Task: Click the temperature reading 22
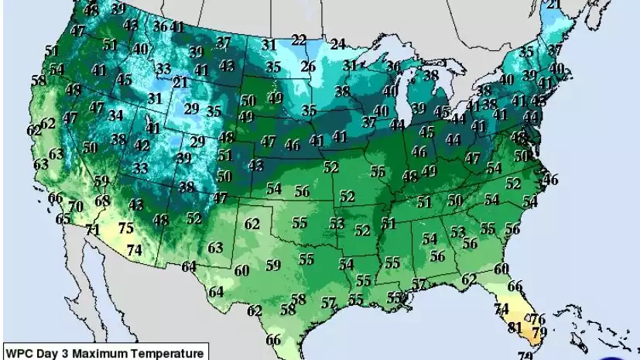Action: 299,40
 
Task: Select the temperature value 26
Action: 308,67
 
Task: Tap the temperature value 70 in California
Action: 75,207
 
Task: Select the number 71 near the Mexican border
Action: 93,230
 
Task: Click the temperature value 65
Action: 63,219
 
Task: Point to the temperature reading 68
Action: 101,201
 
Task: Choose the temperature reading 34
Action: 116,115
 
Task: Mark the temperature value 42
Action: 142,145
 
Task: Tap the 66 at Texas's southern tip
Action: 273,340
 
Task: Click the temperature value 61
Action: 388,224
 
